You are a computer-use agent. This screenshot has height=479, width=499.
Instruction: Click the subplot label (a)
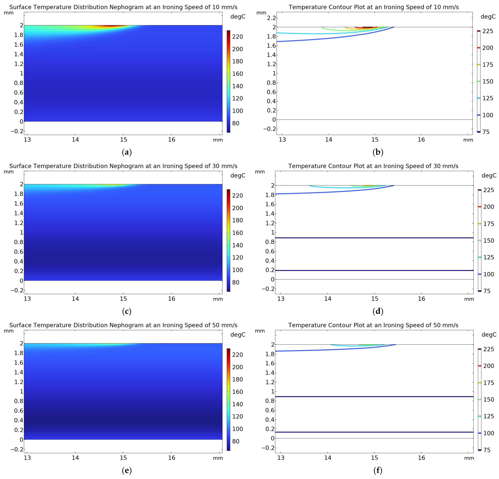[127, 152]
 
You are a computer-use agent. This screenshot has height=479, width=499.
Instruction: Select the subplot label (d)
[378, 311]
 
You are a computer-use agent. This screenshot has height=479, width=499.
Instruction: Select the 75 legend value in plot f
[487, 450]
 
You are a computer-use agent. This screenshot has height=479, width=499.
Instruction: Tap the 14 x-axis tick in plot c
[75, 299]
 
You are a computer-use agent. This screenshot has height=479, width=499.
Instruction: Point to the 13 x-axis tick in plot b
[282, 140]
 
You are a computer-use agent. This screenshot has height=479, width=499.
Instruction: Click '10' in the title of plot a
[216, 7]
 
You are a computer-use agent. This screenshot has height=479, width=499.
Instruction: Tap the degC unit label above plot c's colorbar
[238, 175]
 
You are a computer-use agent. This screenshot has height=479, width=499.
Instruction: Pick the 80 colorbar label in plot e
[236, 441]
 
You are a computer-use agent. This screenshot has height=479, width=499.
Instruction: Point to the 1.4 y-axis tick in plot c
[19, 213]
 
